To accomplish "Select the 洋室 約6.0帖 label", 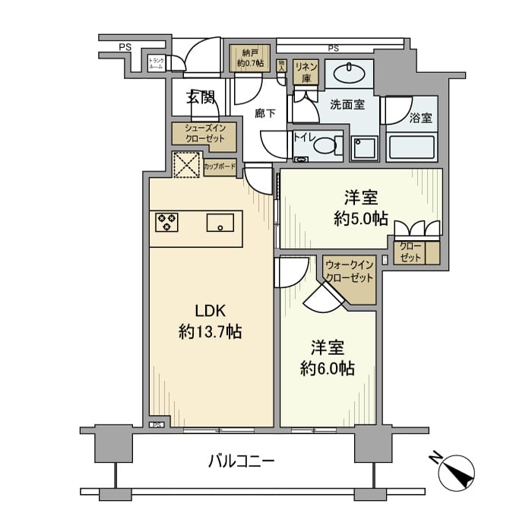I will click(327, 358).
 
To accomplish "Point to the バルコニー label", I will click(240, 461).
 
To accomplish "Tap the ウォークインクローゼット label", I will click(349, 271).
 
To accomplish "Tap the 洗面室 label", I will click(347, 104).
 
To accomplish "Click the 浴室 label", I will click(420, 119).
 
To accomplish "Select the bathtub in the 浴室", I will click(412, 146).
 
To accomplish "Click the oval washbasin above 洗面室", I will click(351, 73).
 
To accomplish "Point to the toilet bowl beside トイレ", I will click(326, 145).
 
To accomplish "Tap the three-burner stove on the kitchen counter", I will click(166, 222).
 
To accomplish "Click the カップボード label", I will click(220, 166).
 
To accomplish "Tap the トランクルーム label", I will click(156, 65).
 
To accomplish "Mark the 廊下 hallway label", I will click(264, 113).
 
